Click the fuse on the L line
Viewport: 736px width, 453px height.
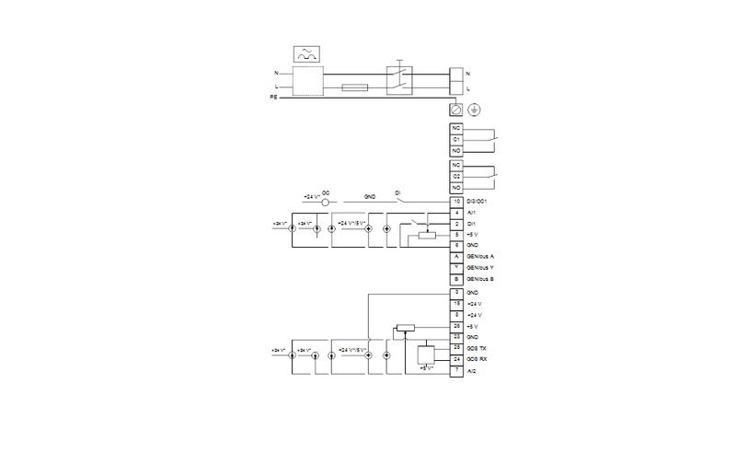354,88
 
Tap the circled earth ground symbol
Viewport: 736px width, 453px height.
474,109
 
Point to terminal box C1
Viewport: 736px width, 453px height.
455,139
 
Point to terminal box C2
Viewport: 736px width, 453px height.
455,175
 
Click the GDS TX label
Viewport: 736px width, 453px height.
477,348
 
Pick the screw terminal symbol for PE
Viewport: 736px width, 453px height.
455,109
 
